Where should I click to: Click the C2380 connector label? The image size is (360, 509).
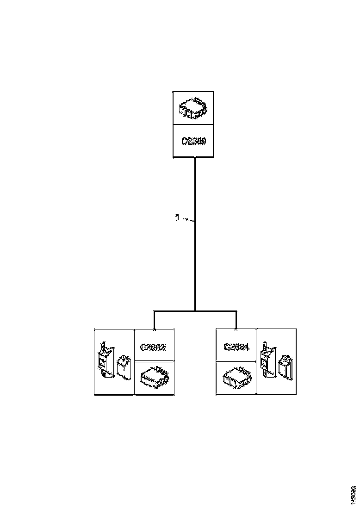click(x=193, y=141)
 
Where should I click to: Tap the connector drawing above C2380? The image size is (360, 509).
click(x=193, y=108)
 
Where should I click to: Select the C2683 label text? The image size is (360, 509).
click(x=154, y=346)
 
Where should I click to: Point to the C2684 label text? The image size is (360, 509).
click(x=236, y=346)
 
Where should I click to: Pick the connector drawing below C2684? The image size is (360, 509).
click(x=236, y=378)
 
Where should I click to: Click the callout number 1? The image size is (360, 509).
click(x=177, y=217)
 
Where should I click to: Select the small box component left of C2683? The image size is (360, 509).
click(x=123, y=366)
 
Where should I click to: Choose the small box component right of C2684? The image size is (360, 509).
click(x=285, y=366)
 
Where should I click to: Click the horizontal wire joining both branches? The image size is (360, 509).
click(x=195, y=311)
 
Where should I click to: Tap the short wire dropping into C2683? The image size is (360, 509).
click(x=154, y=320)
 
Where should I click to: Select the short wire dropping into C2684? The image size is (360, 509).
click(x=236, y=320)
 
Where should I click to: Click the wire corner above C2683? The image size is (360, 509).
click(x=154, y=311)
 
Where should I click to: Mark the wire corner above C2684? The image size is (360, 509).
click(x=236, y=311)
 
